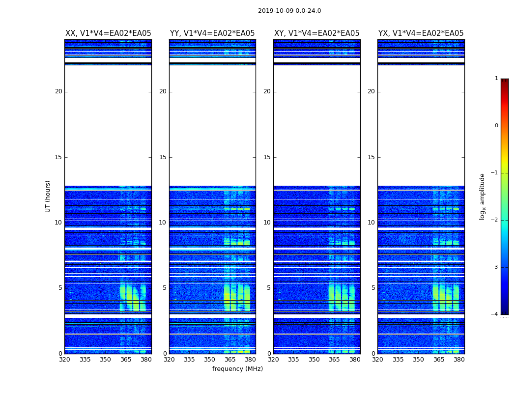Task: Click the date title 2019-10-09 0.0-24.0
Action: (x=289, y=11)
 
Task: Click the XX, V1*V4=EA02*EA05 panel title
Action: (x=108, y=33)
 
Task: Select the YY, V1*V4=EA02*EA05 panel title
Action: (x=212, y=33)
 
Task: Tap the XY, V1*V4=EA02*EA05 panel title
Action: (x=316, y=33)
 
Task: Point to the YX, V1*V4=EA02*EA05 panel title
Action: (x=421, y=33)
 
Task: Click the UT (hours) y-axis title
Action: (x=48, y=196)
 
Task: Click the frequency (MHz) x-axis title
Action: (x=237, y=369)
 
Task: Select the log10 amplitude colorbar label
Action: (x=483, y=196)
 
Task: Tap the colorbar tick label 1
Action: (x=496, y=79)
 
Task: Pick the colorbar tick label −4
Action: (x=495, y=314)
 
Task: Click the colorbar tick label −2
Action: (x=495, y=220)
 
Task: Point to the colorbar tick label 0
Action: (x=496, y=126)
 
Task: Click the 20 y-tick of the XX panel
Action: (x=58, y=91)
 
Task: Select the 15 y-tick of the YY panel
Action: (x=163, y=157)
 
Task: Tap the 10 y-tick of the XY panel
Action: (x=267, y=223)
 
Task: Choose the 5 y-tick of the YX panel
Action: (x=373, y=288)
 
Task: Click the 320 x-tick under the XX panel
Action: (x=65, y=359)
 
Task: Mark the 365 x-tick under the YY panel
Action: (x=230, y=359)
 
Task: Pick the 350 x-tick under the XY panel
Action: (x=314, y=359)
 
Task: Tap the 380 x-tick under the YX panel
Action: (x=459, y=359)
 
